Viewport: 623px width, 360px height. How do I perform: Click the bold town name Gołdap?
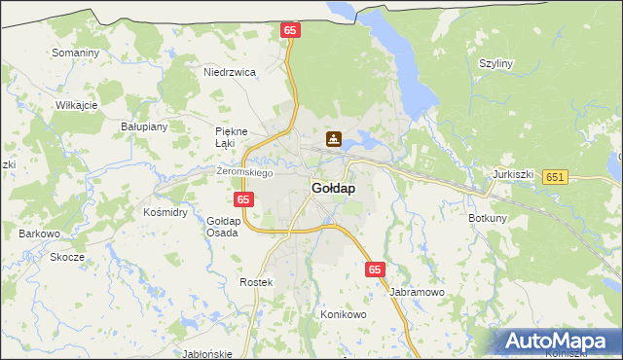point(332,188)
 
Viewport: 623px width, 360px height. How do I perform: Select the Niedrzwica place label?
point(229,72)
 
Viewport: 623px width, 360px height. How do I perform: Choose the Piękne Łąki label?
point(232,137)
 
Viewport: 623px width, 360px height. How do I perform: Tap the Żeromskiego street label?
point(244,172)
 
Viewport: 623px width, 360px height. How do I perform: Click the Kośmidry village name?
point(165,212)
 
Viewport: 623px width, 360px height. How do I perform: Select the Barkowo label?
point(40,234)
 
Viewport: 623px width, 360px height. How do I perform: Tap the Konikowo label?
point(343,315)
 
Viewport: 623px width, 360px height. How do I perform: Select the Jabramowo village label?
point(417,292)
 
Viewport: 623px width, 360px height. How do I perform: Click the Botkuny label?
point(488,218)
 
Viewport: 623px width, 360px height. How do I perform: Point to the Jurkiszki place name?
point(514,174)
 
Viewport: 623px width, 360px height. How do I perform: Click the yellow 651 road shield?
point(555,176)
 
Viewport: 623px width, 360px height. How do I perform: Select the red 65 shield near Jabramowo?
point(376,269)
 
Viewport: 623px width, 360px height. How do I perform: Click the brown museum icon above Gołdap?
point(333,139)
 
